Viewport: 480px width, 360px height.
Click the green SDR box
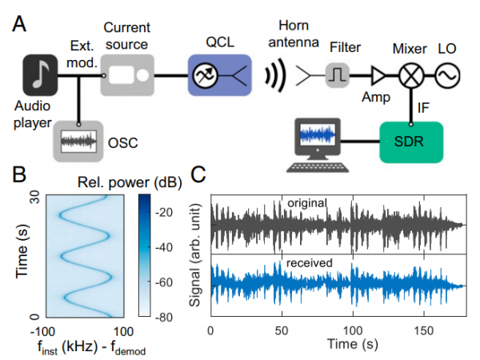tap(411, 142)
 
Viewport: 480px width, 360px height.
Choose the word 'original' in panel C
tap(307, 203)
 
